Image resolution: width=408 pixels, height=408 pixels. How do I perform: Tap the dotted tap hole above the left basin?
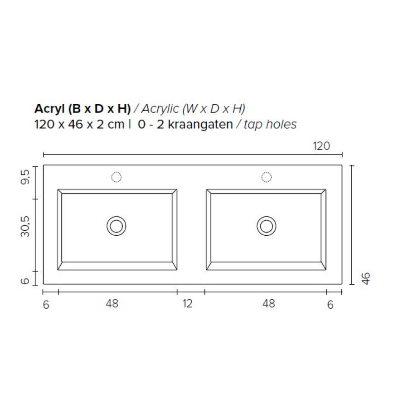click(117, 177)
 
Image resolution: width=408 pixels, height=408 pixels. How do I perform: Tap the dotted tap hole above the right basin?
click(267, 177)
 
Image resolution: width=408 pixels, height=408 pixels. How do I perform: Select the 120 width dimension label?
click(321, 146)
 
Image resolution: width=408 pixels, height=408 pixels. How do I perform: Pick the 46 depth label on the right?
click(366, 278)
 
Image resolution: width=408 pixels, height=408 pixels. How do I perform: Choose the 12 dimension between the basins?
click(188, 303)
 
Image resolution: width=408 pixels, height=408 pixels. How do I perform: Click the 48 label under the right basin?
click(268, 303)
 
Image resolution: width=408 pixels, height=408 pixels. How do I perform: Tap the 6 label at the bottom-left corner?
click(46, 305)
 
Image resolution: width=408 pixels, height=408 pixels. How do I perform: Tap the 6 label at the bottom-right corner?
click(330, 305)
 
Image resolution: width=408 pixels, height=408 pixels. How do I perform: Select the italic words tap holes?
click(270, 124)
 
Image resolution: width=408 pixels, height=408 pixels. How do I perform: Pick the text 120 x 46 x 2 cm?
click(79, 124)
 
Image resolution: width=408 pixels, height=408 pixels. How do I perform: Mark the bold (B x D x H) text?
click(99, 109)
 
